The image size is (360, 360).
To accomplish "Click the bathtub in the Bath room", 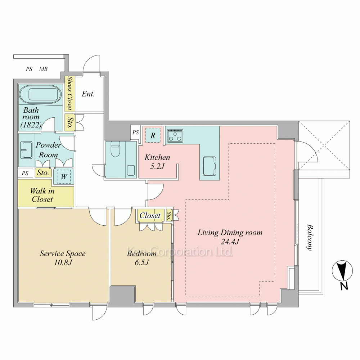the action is click(40, 95).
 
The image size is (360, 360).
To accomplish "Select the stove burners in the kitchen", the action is click(175, 135).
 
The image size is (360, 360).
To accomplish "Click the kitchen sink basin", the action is click(210, 166).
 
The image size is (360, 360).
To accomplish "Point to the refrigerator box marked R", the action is click(153, 135).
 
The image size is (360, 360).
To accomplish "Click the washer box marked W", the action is click(64, 176).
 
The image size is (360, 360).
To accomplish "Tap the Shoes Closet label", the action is click(69, 93).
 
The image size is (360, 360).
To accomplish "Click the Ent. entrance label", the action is click(88, 94).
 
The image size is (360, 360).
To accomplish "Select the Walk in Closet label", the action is click(42, 195).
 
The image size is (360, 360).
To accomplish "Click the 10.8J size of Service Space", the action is click(63, 262).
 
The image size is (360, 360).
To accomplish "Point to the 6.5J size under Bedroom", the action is click(141, 262).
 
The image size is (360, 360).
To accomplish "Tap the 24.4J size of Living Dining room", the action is click(230, 242).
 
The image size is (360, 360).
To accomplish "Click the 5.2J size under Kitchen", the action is click(157, 166).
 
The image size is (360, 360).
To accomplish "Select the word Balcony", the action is click(310, 238).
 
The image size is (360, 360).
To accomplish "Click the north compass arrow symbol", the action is click(342, 271).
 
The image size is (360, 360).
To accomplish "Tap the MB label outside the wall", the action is click(43, 69).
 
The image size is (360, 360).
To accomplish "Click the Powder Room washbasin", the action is click(26, 150).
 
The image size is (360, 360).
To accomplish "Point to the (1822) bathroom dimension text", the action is click(31, 125).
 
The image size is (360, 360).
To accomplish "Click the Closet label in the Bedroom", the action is click(150, 215).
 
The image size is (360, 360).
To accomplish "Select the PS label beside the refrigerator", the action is click(136, 132).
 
